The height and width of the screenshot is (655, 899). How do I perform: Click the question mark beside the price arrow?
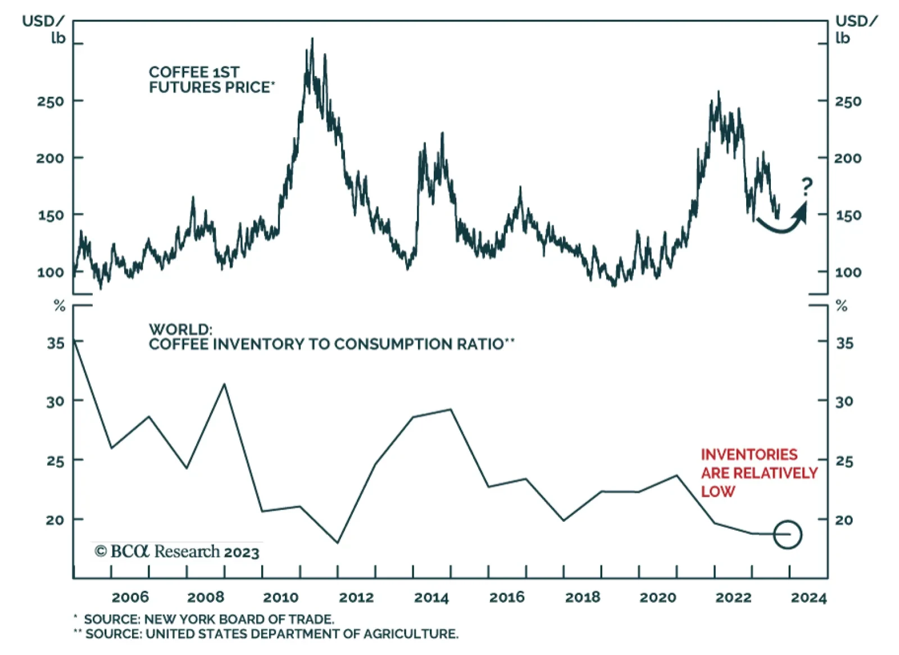click(x=807, y=186)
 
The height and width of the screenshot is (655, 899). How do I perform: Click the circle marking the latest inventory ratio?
click(x=787, y=534)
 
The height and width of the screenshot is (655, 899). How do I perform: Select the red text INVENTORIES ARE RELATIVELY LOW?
click(x=759, y=473)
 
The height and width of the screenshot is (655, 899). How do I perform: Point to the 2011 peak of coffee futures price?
click(x=312, y=39)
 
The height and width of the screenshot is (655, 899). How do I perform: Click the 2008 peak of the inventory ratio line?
click(x=225, y=385)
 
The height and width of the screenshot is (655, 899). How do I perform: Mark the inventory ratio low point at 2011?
click(x=338, y=543)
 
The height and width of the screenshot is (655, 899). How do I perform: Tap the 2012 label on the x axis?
click(x=356, y=597)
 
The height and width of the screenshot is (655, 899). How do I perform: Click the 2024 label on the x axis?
click(x=809, y=597)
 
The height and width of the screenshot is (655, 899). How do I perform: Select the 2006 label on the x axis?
click(x=130, y=597)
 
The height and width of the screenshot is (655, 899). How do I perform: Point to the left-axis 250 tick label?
click(x=51, y=102)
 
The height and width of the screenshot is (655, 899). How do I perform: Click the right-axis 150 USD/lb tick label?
click(x=848, y=215)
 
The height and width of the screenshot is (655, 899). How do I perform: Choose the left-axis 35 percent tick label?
click(x=56, y=343)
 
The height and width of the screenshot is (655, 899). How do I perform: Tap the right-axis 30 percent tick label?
click(x=844, y=401)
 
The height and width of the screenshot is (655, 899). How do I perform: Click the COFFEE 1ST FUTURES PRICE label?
click(x=211, y=80)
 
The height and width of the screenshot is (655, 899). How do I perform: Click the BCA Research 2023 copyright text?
click(x=177, y=552)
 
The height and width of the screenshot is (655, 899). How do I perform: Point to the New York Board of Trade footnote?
click(x=208, y=619)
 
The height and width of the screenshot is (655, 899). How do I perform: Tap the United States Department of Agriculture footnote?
click(x=271, y=634)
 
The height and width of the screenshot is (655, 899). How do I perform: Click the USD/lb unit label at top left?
click(x=43, y=29)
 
